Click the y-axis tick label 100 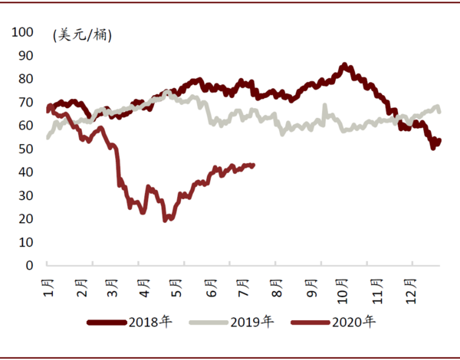tap(22, 32)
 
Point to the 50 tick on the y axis tap(26, 149)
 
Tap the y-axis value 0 tap(29, 265)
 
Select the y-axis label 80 tap(26, 79)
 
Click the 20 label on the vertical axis tap(26, 219)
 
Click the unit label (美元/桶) tap(82, 35)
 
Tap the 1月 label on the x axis tap(49, 288)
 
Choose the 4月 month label tap(144, 288)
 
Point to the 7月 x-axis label tap(243, 288)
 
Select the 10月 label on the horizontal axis tap(342, 291)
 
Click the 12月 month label tap(411, 291)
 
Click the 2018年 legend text tap(150, 322)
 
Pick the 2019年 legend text tap(252, 322)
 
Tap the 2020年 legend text tap(353, 322)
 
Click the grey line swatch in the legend tap(209, 322)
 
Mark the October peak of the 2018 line tap(344, 64)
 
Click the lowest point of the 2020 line tap(165, 220)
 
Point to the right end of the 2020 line tap(254, 165)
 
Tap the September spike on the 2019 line tap(325, 105)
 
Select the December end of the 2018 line tap(439, 141)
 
